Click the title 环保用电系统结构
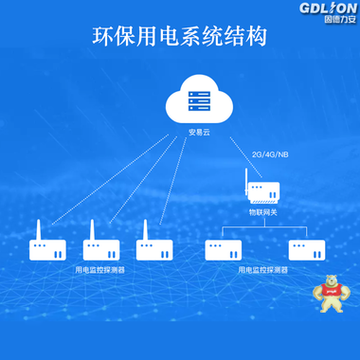pyautogui.click(x=180, y=37)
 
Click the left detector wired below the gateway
pyautogui.click(x=224, y=250)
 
